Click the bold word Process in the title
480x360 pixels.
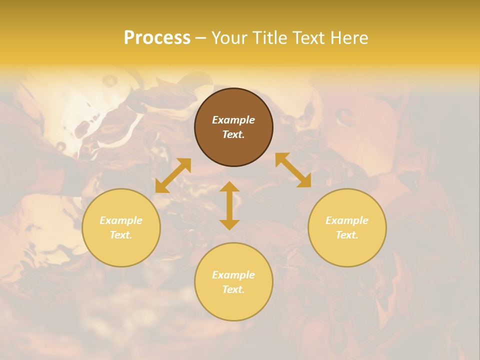[x=157, y=38]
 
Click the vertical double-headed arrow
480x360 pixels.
[x=229, y=205]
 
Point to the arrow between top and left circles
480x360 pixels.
[x=173, y=175]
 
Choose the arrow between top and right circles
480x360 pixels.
[x=293, y=170]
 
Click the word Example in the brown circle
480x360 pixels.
[x=233, y=120]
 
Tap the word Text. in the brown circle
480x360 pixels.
[x=233, y=134]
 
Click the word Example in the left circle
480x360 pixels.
[x=121, y=220]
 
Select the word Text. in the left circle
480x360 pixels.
[x=121, y=235]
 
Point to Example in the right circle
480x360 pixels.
[x=347, y=220]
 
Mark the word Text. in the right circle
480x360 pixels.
[x=347, y=235]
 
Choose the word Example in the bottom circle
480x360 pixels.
[x=233, y=275]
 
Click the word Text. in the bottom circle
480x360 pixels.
[x=233, y=289]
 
